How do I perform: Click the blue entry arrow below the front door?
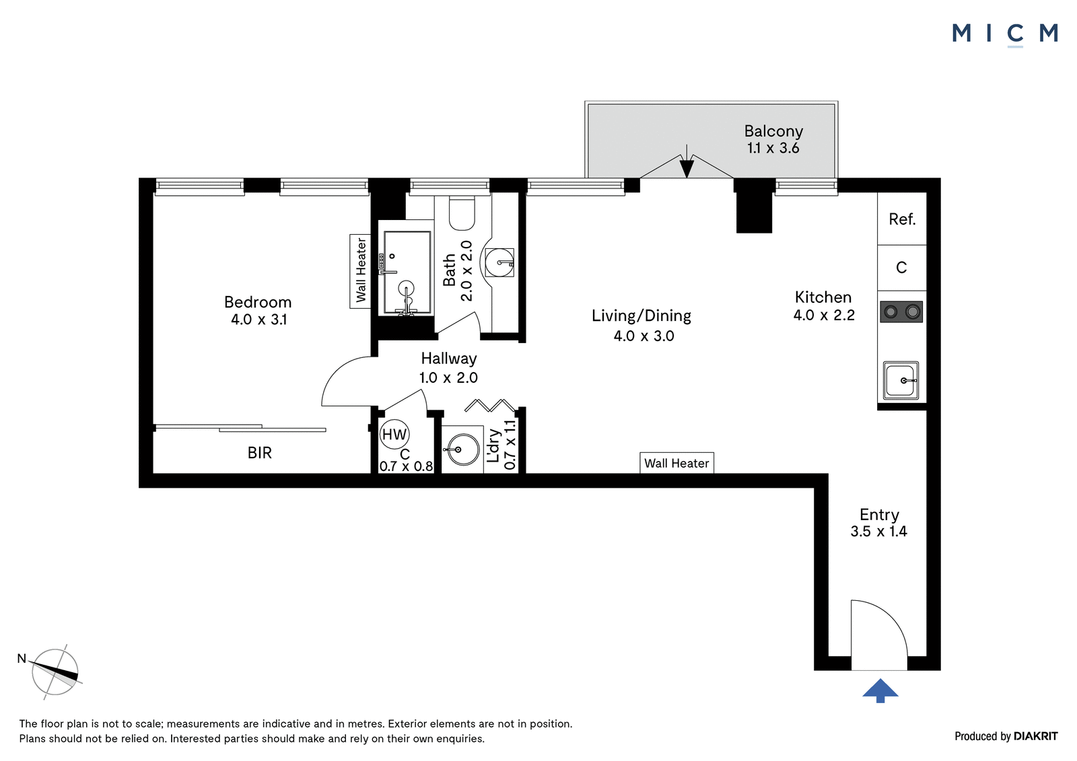pos(880,691)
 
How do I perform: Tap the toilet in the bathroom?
pos(462,213)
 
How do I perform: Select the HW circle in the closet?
pos(394,435)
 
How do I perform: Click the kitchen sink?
pos(901,381)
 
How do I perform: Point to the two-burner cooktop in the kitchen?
pos(901,312)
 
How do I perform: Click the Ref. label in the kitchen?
pos(902,220)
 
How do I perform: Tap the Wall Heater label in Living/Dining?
pos(676,464)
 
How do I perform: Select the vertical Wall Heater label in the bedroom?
pos(361,270)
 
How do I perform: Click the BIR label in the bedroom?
pos(260,453)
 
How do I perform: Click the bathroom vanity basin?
pos(499,262)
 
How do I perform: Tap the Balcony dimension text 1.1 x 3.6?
pos(773,148)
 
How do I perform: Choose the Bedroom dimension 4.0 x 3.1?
pos(258,320)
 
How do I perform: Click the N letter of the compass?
pos(22,659)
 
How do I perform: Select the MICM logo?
pos(1005,34)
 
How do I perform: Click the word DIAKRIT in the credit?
pos(1036,736)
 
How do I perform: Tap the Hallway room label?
pos(449,359)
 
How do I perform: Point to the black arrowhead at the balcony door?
pos(687,168)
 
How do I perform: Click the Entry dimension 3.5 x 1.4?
pos(878,531)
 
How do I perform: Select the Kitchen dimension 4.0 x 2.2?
pos(824,316)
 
